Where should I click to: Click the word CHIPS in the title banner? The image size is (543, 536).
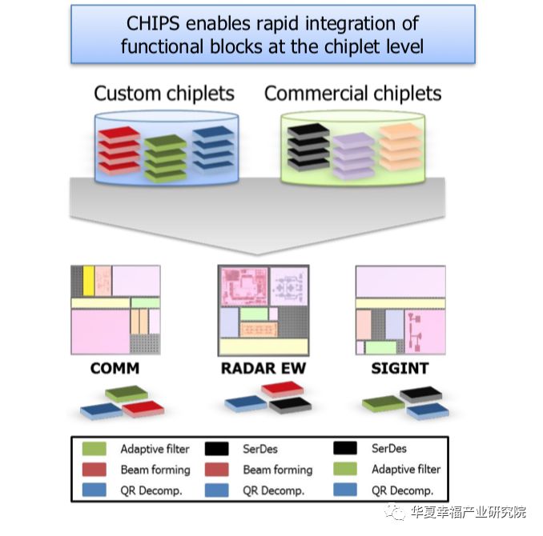(153, 23)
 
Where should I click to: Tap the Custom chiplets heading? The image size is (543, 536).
(164, 94)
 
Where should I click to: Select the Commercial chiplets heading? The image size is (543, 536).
(352, 94)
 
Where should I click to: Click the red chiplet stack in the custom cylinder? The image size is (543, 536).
(119, 150)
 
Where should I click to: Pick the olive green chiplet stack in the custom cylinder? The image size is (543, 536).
(166, 158)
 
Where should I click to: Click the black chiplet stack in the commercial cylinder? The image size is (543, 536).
(308, 147)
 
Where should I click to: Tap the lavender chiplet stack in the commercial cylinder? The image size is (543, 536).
(353, 156)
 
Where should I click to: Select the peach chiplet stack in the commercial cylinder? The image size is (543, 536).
(400, 146)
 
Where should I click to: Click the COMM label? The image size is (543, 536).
(115, 368)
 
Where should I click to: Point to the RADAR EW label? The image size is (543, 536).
(263, 368)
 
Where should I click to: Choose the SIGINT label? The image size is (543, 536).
(400, 368)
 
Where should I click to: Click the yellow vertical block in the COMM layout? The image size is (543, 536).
(89, 281)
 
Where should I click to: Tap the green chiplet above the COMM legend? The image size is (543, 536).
(127, 394)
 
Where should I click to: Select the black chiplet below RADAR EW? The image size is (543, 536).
(290, 406)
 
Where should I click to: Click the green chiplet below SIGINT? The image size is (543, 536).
(384, 404)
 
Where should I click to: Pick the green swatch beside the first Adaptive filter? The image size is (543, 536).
(95, 449)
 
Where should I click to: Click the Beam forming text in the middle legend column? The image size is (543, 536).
(278, 470)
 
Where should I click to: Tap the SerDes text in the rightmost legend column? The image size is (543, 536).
(389, 449)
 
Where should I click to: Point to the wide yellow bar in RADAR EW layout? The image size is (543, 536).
(263, 346)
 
